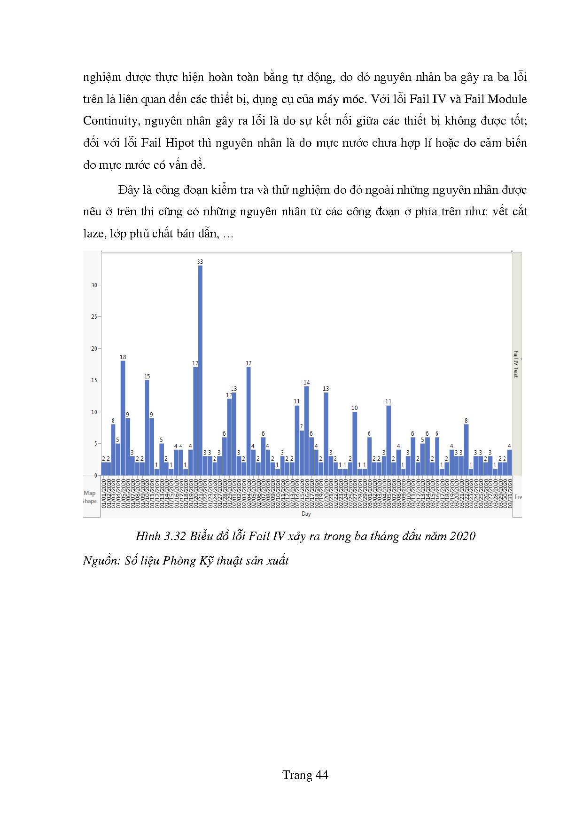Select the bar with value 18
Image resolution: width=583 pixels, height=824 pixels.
[x=123, y=418]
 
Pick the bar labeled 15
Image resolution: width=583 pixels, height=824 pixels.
[x=147, y=428]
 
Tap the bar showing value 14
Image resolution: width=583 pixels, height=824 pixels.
[x=307, y=431]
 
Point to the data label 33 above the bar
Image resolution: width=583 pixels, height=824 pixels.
[x=200, y=262]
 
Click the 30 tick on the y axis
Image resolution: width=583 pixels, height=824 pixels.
[x=94, y=285]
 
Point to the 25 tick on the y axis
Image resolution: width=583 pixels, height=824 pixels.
[x=94, y=317]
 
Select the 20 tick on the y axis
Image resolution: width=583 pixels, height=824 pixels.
[x=94, y=349]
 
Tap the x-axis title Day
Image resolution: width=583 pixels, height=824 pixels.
[x=306, y=514]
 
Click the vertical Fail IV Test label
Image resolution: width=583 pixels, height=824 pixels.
[x=516, y=364]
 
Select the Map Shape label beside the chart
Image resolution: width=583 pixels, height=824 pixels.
[x=89, y=497]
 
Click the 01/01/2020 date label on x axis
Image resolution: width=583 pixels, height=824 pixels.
[x=104, y=493]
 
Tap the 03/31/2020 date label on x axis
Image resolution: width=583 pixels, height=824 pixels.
[x=510, y=493]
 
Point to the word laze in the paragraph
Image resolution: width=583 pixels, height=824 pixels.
[x=93, y=234]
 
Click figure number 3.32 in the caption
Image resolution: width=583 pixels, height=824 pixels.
[x=175, y=536]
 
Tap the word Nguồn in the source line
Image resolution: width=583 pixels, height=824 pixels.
[x=100, y=561]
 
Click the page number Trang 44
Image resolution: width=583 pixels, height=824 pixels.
[x=305, y=775]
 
